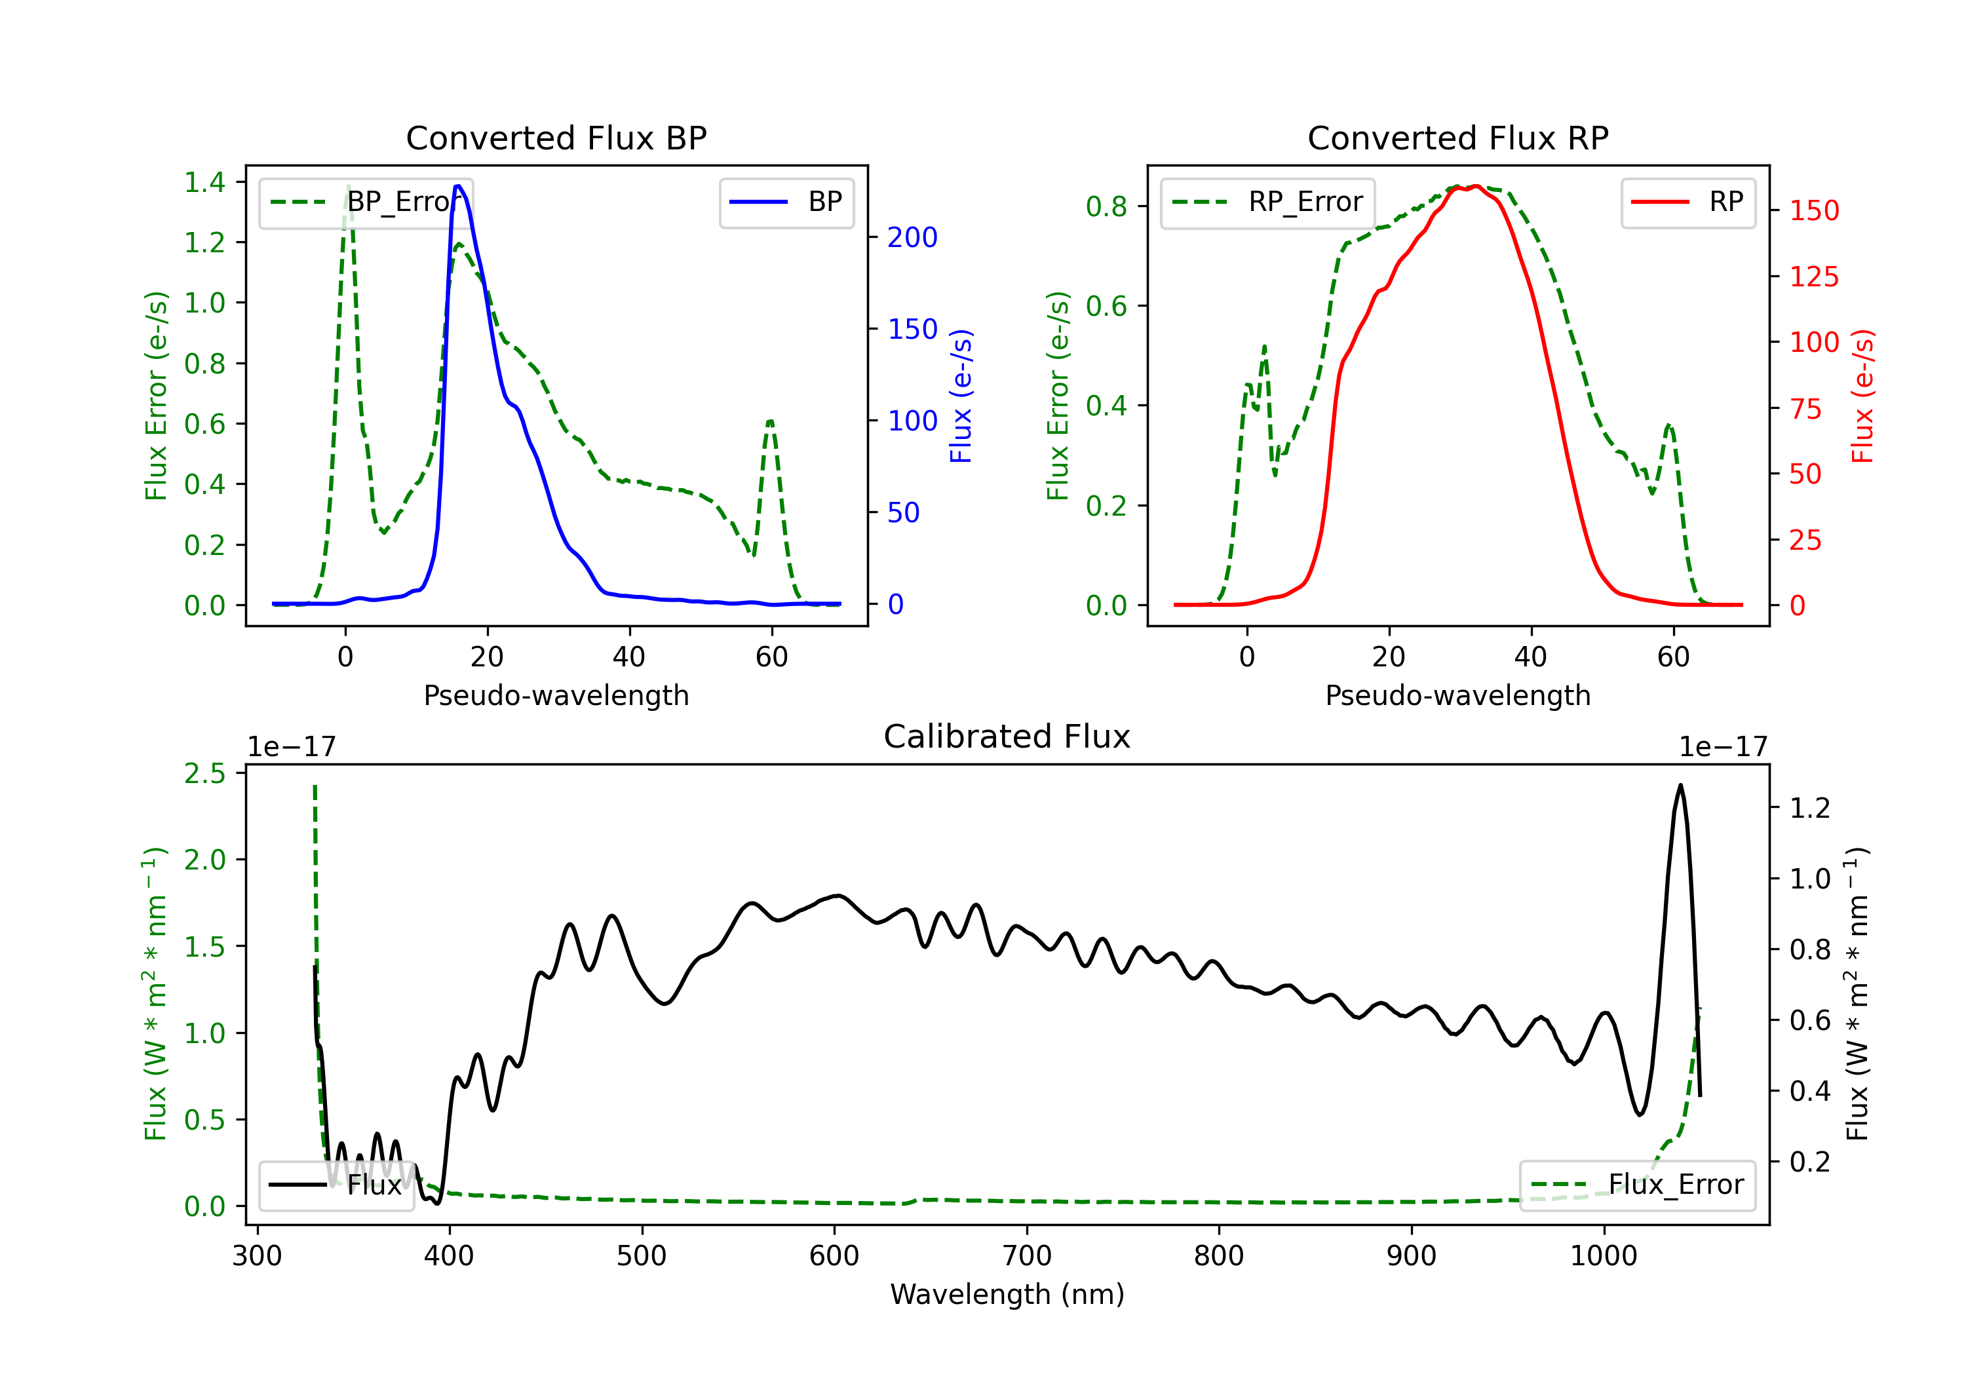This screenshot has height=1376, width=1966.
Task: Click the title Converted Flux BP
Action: pyautogui.click(x=556, y=138)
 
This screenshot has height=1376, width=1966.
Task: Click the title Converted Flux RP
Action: pyautogui.click(x=1457, y=138)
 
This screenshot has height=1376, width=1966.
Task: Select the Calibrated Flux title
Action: pyautogui.click(x=1007, y=736)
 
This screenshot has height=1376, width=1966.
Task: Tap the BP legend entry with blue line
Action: pyautogui.click(x=786, y=202)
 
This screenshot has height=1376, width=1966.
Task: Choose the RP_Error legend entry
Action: pyautogui.click(x=1267, y=202)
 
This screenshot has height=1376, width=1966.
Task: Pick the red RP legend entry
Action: pyautogui.click(x=1687, y=202)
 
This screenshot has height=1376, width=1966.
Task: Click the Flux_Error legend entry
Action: pyautogui.click(x=1637, y=1185)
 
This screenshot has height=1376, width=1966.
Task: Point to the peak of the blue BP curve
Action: pyautogui.click(x=458, y=186)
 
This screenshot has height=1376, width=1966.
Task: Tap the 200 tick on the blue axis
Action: pyautogui.click(x=912, y=237)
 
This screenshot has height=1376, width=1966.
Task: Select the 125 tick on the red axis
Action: pyautogui.click(x=1813, y=277)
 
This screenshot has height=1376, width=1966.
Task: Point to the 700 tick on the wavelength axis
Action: pyautogui.click(x=1027, y=1256)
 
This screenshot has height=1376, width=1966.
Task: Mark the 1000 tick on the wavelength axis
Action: pyautogui.click(x=1604, y=1256)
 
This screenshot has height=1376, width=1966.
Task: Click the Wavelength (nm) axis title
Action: pyautogui.click(x=1007, y=1295)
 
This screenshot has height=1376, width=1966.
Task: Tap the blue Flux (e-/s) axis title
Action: pyautogui.click(x=961, y=396)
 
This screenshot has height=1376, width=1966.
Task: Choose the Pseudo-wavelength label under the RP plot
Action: pyautogui.click(x=1457, y=695)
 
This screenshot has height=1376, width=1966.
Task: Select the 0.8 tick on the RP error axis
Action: pyautogui.click(x=1106, y=206)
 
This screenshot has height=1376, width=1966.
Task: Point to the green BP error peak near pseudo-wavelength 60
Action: pyautogui.click(x=771, y=421)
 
